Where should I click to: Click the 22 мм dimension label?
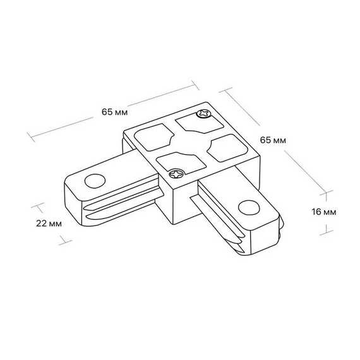click(49, 224)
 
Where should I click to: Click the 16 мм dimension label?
click(324, 212)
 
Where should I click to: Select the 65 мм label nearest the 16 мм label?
click(273, 140)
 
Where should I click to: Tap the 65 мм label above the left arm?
click(114, 112)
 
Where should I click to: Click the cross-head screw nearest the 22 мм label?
click(177, 174)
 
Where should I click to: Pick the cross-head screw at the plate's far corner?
click(204, 114)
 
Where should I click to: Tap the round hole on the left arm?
click(95, 181)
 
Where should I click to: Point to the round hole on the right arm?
click(249, 208)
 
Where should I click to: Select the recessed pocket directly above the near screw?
click(181, 162)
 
